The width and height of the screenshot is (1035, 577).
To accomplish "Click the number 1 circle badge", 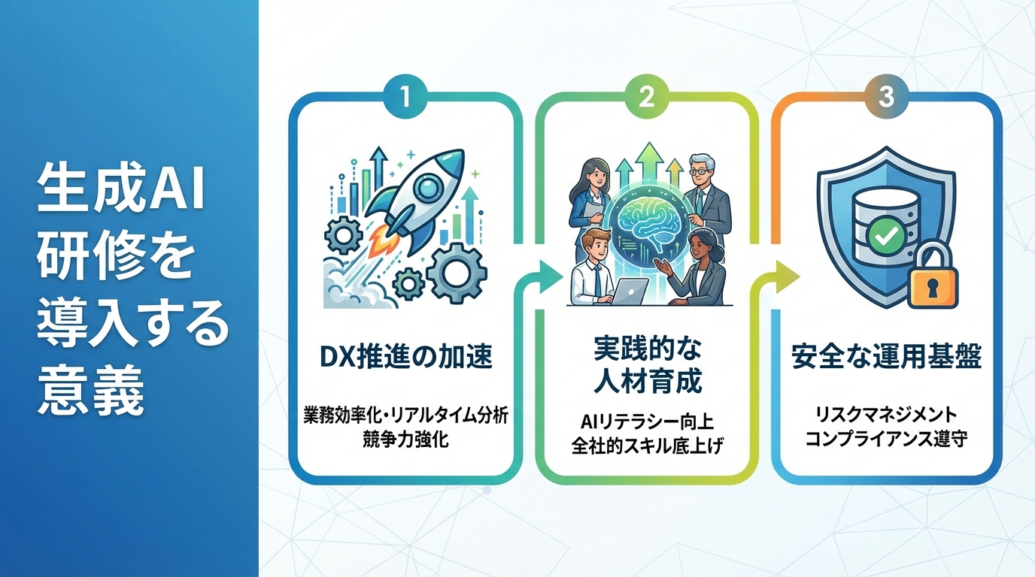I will (x=406, y=99).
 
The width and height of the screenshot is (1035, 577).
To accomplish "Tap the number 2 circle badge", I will (x=645, y=99).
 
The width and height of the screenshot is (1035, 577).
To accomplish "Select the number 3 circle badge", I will (x=886, y=99).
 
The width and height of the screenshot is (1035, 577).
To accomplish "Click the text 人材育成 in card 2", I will (x=645, y=381).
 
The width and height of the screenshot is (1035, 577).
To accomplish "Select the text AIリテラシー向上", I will (x=645, y=420).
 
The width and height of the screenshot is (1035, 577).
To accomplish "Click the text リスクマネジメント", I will (x=886, y=415).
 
